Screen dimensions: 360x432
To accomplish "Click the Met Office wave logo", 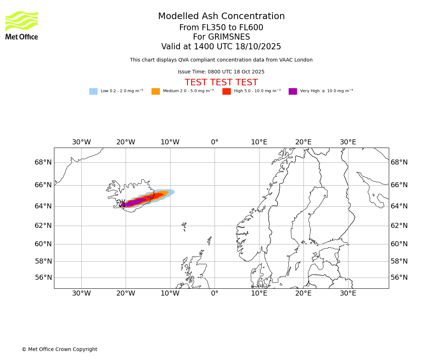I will click(x=22, y=21).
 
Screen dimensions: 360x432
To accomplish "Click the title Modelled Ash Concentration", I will click(x=221, y=17).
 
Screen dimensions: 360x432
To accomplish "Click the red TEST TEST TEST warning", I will click(x=221, y=83).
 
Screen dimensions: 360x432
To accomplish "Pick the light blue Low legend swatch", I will click(x=93, y=91).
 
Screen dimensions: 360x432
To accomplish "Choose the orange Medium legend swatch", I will click(x=156, y=91).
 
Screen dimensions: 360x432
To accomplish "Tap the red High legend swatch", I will click(x=226, y=91).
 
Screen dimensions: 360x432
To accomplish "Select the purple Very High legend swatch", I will click(x=293, y=91).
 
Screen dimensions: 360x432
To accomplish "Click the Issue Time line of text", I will click(x=221, y=72).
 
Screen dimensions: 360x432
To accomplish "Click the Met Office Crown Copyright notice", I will click(x=59, y=350).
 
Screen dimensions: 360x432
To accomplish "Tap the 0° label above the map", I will click(x=215, y=142).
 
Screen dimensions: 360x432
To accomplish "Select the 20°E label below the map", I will click(x=303, y=293).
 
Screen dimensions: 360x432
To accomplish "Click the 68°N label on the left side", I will click(x=43, y=162).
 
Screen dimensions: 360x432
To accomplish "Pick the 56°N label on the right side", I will click(x=399, y=278).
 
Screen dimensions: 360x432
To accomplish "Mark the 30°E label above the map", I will click(x=348, y=142).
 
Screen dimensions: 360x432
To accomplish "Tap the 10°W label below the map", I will click(x=170, y=293).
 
